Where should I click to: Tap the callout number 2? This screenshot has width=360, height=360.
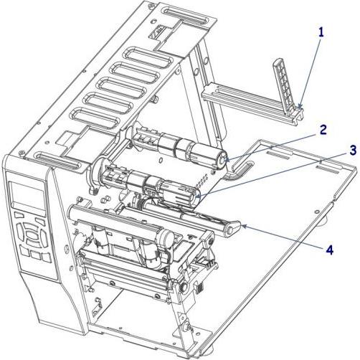tap(323, 130)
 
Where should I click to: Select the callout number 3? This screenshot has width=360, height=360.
tap(334, 170)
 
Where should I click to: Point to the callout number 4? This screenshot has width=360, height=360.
tap(329, 250)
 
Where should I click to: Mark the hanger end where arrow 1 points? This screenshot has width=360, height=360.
tap(300, 110)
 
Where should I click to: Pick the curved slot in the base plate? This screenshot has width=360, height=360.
tap(240, 169)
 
